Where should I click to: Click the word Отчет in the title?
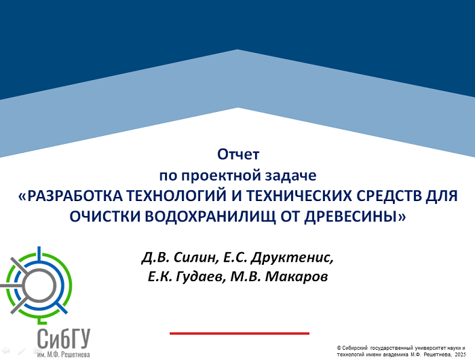tap(238, 154)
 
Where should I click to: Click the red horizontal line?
tap(240, 334)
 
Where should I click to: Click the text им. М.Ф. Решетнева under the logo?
tap(64, 355)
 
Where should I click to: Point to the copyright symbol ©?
tap(339, 348)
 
